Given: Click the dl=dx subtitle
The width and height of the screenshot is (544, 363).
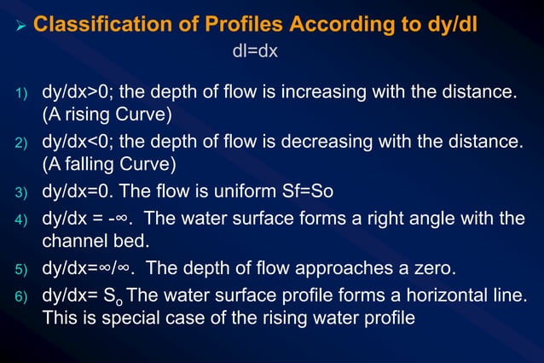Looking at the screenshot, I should [254, 52].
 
